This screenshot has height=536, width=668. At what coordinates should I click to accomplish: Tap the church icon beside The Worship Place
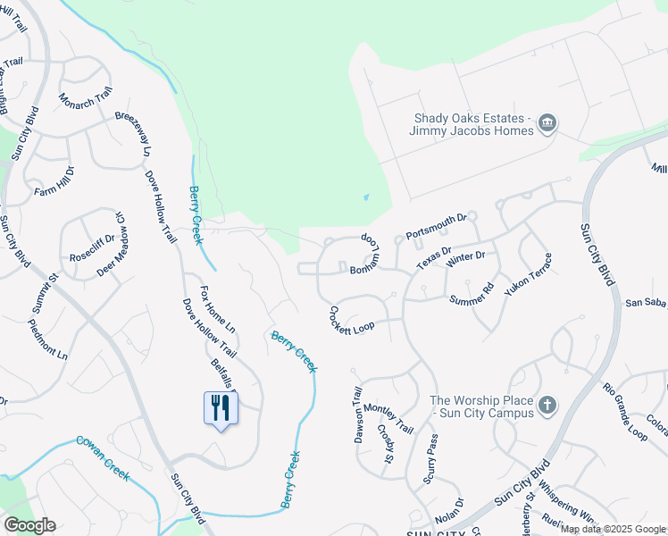pos(547,406)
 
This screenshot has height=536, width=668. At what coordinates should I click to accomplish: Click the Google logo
pos(29,525)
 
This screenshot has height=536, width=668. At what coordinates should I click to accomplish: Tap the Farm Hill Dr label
pos(54,181)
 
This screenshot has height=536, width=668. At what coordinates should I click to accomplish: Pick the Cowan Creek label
pos(104,455)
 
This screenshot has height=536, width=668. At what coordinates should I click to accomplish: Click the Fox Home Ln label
pos(217,310)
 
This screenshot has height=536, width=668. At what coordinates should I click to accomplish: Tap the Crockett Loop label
pos(347,320)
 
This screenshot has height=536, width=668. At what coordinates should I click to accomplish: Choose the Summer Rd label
pos(472,294)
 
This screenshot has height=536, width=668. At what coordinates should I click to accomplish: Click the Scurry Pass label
pos(431,458)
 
